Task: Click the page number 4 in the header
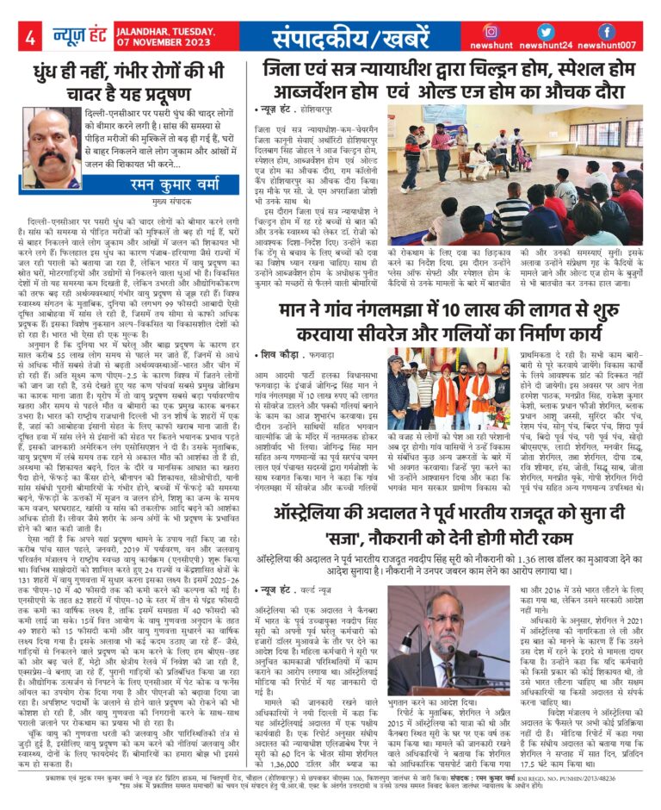pyautogui.click(x=29, y=37)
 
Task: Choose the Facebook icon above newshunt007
pyautogui.click(x=606, y=31)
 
